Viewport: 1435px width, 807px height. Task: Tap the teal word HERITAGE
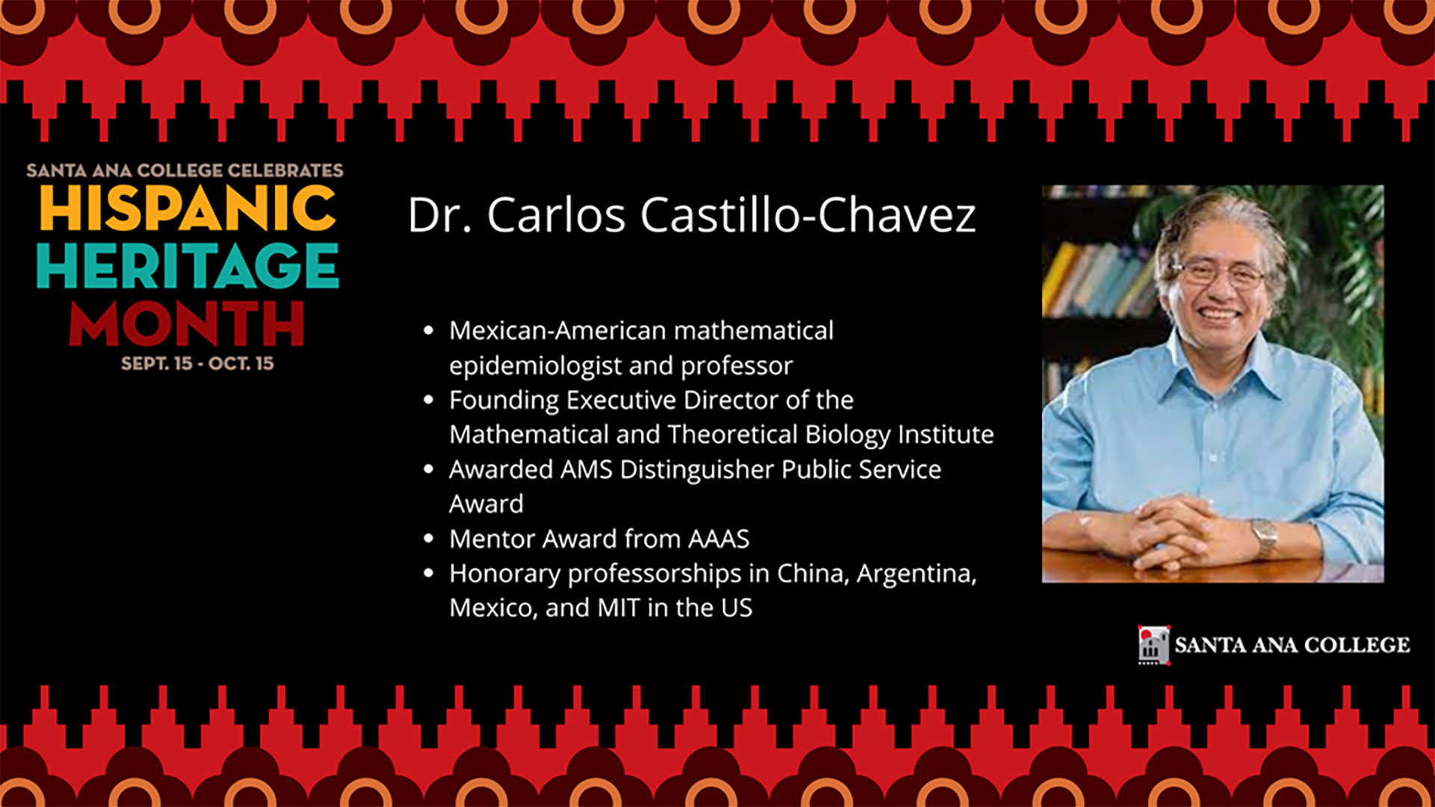pos(188,265)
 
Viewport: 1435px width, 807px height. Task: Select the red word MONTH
pos(187,324)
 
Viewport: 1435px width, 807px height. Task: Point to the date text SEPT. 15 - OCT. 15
pos(197,364)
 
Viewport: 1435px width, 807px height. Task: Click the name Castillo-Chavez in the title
pos(808,215)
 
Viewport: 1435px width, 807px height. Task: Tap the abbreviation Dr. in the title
pos(439,215)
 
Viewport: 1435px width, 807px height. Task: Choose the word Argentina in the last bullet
pos(917,574)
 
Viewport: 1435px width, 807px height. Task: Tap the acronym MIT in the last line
pos(619,608)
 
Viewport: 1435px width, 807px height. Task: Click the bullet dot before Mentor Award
pos(428,539)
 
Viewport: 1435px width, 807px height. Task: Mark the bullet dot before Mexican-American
pos(428,330)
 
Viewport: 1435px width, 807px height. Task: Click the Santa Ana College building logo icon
pos(1153,645)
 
